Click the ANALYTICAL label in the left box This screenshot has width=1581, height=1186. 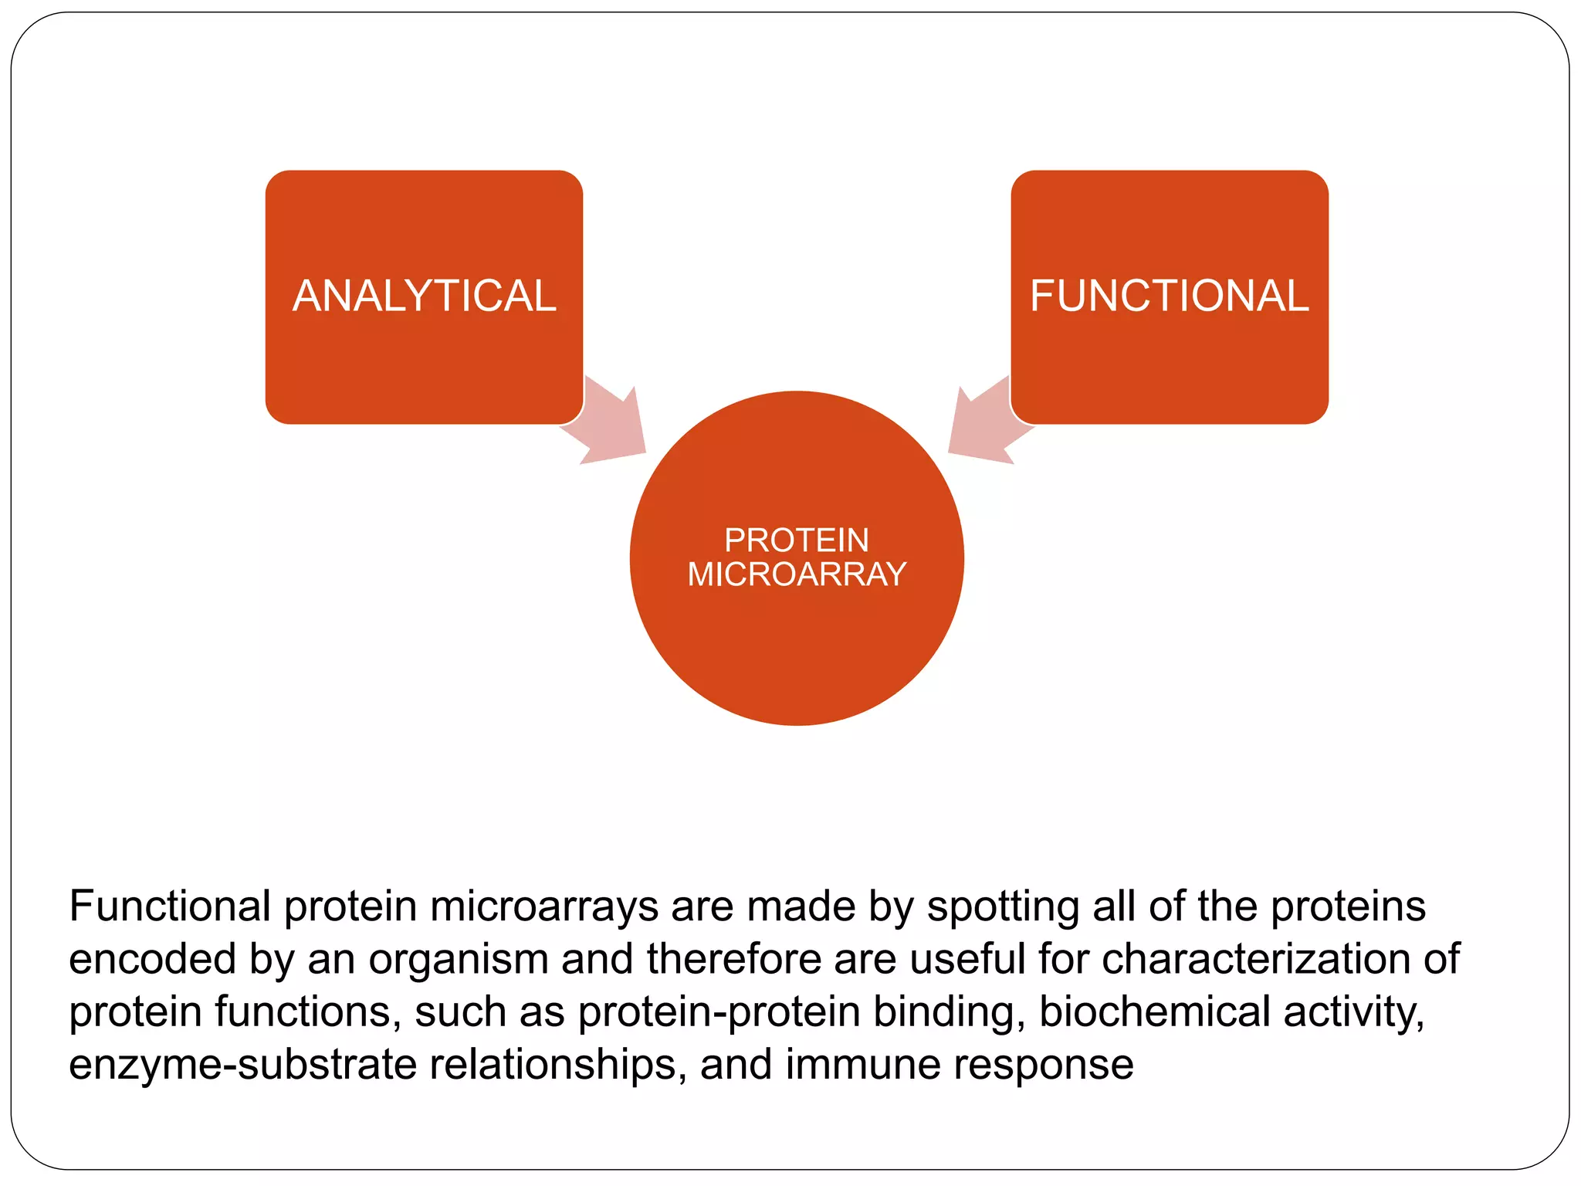point(424,296)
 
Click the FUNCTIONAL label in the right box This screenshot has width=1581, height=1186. point(1169,296)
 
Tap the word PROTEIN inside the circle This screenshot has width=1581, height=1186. point(797,540)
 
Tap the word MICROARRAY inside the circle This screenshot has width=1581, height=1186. point(797,574)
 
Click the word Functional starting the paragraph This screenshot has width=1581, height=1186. point(170,906)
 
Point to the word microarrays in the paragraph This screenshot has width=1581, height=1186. point(544,906)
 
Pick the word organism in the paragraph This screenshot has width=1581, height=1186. point(459,960)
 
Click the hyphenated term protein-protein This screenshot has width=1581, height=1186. point(719,1012)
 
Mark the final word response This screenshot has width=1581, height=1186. point(1043,1066)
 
